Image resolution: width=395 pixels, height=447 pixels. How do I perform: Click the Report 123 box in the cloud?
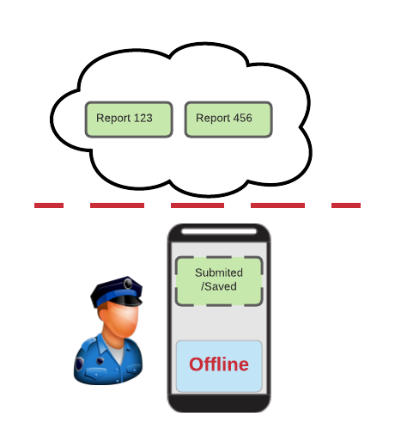[x=129, y=119]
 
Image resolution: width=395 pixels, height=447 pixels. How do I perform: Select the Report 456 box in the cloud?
[x=228, y=119]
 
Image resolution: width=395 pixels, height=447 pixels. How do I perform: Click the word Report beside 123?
[x=113, y=119]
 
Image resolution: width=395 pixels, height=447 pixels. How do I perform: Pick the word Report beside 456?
[x=213, y=119]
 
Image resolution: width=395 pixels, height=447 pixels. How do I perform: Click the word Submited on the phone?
[x=219, y=273]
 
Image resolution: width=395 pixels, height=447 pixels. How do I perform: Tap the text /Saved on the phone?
[x=219, y=286]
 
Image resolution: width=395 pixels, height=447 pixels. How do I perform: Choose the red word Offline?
[x=219, y=364]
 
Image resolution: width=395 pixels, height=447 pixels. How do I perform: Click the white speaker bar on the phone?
[x=219, y=231]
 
